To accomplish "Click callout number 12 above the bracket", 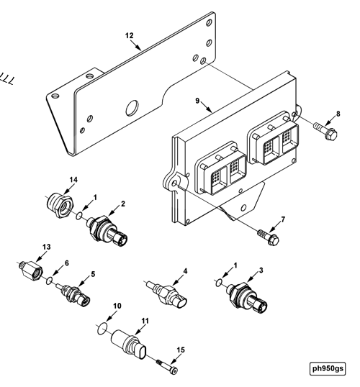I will click(x=130, y=35).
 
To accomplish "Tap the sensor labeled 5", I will click(x=74, y=294).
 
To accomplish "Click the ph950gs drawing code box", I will click(x=328, y=369).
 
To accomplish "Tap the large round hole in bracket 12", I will click(x=132, y=109).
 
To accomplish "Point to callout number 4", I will click(x=185, y=271).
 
